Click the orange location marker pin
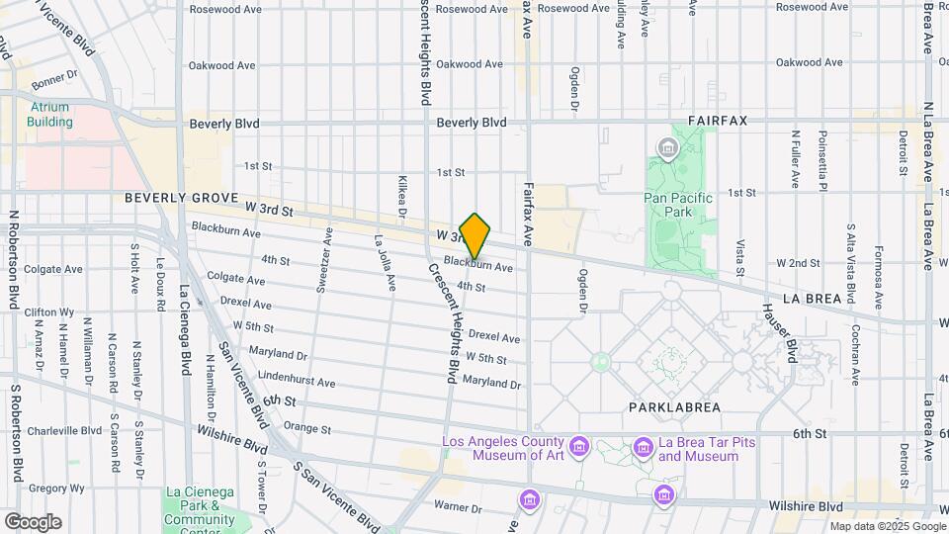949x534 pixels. [x=474, y=236]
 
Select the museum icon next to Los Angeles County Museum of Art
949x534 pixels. [x=579, y=447]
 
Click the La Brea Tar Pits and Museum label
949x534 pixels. [x=697, y=449]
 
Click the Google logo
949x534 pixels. [x=33, y=522]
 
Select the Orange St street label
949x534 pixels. [x=306, y=429]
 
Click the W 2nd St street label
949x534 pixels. [x=799, y=263]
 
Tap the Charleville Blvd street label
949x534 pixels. [x=64, y=431]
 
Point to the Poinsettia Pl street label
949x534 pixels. [x=820, y=158]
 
